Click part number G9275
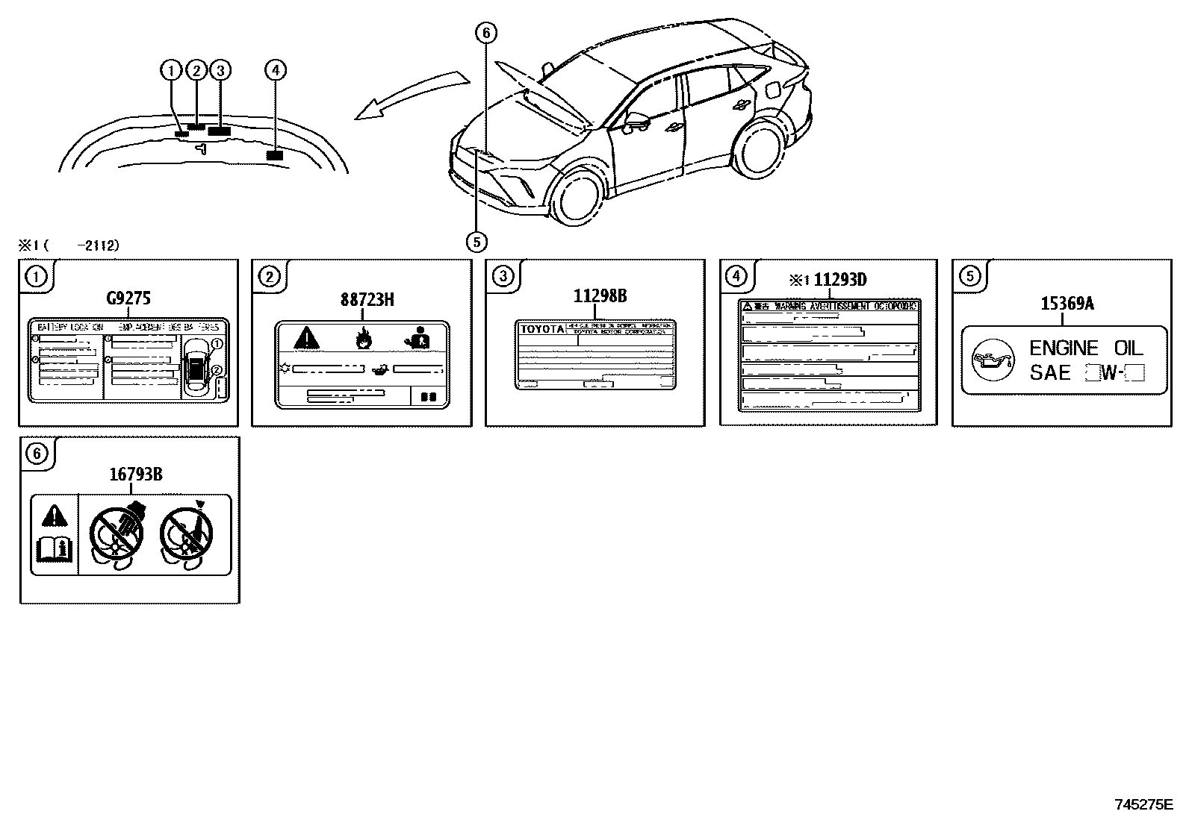pyautogui.click(x=128, y=299)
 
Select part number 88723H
pyautogui.click(x=367, y=300)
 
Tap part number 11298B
pyautogui.click(x=600, y=296)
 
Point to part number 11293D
pyautogui.click(x=839, y=280)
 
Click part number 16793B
pyautogui.click(x=136, y=474)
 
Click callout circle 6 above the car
pyautogui.click(x=485, y=33)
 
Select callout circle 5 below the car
pyautogui.click(x=476, y=241)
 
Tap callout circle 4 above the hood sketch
pyautogui.click(x=276, y=70)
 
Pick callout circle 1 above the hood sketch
pyautogui.click(x=171, y=71)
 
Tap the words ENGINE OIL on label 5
pyautogui.click(x=1086, y=348)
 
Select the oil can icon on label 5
pyautogui.click(x=993, y=360)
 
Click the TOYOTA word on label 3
pyautogui.click(x=541, y=329)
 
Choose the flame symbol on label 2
pyautogui.click(x=364, y=339)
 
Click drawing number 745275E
pyautogui.click(x=1143, y=805)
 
